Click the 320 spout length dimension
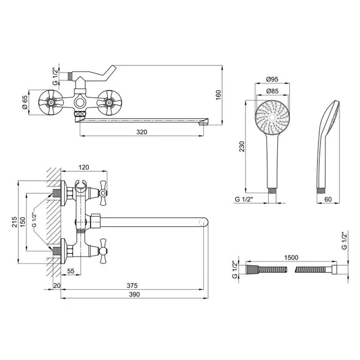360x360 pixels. click(x=142, y=132)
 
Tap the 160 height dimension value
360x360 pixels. click(x=218, y=95)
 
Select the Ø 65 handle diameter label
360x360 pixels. click(x=25, y=102)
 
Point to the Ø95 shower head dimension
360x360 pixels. click(x=272, y=79)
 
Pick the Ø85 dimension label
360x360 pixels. click(x=272, y=91)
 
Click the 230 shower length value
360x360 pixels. click(x=242, y=146)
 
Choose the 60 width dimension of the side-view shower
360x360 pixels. click(x=328, y=199)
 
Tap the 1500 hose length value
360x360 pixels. click(x=291, y=257)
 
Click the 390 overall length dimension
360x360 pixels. click(x=134, y=295)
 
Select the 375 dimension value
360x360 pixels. click(x=132, y=286)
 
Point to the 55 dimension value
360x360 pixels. click(x=71, y=271)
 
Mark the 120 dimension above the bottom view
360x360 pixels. click(x=83, y=167)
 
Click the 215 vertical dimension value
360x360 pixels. click(x=14, y=222)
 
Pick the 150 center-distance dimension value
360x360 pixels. click(x=23, y=222)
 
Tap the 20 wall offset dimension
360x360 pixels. click(x=57, y=286)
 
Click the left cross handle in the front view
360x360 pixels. click(x=50, y=103)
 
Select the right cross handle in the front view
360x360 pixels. click(x=109, y=103)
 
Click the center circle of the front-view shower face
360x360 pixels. click(x=272, y=118)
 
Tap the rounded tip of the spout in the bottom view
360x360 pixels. click(x=204, y=222)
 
